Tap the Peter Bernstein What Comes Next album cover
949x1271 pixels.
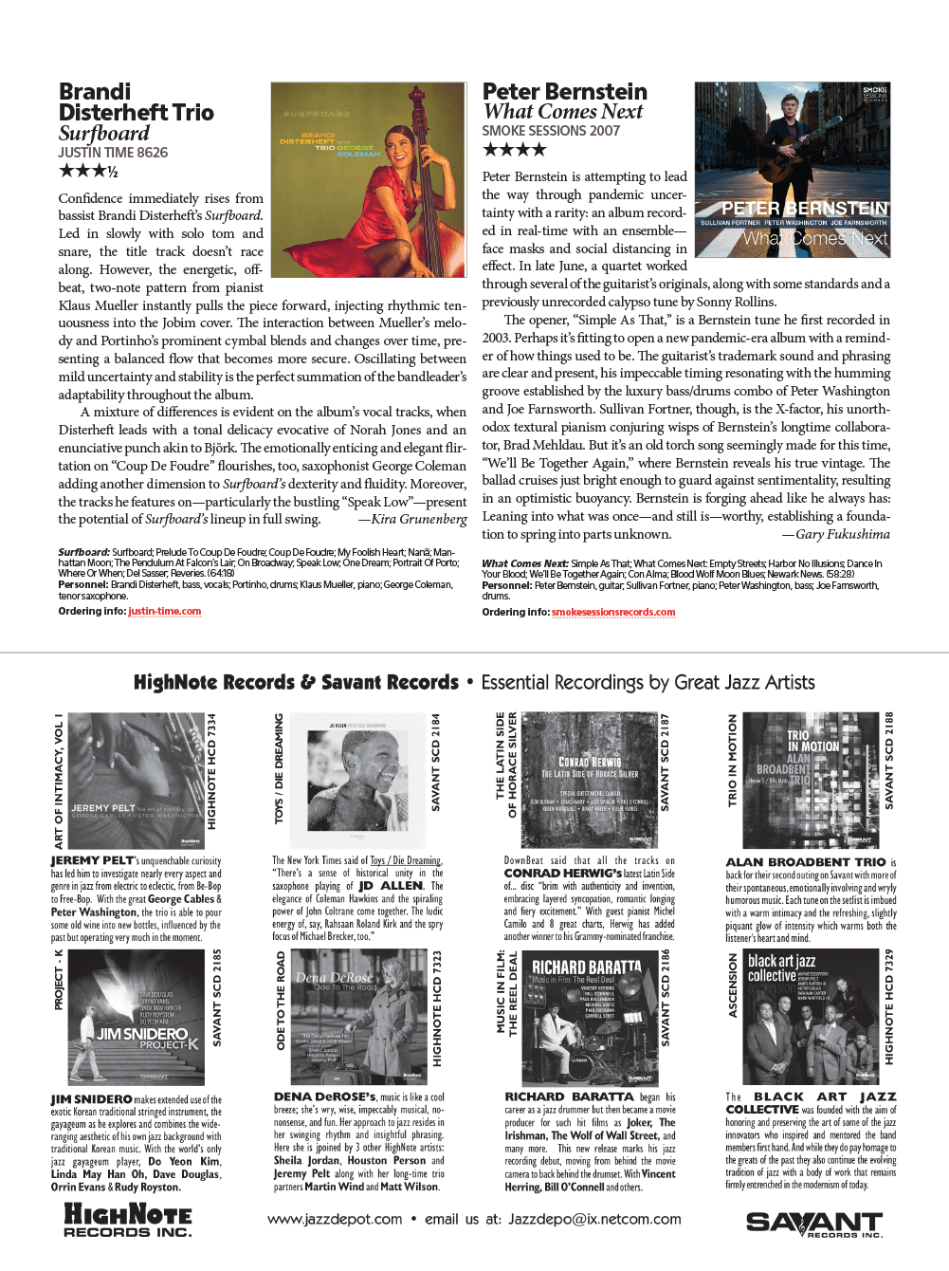click(793, 170)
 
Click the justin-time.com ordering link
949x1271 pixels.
click(165, 612)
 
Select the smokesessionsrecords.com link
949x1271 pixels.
click(613, 613)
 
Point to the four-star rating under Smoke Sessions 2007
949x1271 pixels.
click(515, 150)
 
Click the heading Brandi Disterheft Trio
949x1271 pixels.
click(136, 102)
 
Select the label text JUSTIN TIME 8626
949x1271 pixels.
click(113, 153)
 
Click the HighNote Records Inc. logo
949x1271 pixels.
click(127, 1220)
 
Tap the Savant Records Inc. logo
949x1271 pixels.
click(814, 1224)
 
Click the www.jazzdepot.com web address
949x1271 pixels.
click(335, 1220)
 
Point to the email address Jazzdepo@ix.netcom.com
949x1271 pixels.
click(594, 1220)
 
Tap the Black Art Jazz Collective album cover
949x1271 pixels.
click(810, 1017)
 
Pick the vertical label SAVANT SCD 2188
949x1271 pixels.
click(889, 761)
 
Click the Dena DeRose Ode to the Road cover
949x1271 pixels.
click(359, 1017)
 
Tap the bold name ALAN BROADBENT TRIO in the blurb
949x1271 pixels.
click(806, 862)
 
